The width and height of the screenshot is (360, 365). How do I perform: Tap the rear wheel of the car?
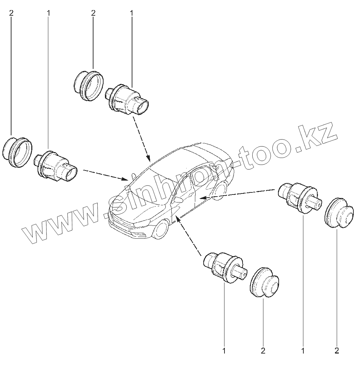[x=220, y=190]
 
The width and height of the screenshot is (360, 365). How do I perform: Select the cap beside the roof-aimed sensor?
[x=89, y=86]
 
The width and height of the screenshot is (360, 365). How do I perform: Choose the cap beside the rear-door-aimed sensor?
[x=338, y=214]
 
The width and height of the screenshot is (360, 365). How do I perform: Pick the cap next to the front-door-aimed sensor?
[x=264, y=283]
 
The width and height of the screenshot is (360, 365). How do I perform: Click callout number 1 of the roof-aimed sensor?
[x=132, y=13]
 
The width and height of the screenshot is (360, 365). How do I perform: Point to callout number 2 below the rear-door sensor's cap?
[x=337, y=350]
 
